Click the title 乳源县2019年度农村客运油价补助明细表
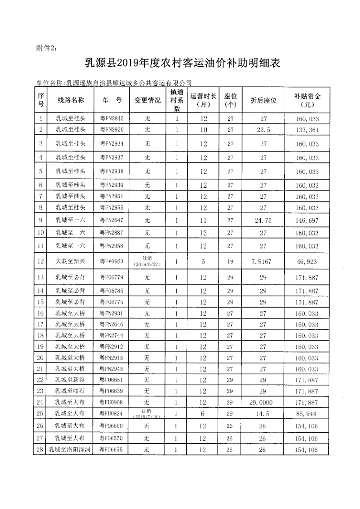point(183,63)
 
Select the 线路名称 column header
point(71,100)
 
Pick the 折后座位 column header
point(263,100)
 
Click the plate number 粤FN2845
point(112,119)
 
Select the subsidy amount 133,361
point(307,130)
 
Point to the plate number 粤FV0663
point(112,262)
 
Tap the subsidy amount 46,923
point(307,262)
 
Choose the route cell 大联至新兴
point(71,262)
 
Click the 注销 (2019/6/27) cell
point(146,262)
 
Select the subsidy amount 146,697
point(307,220)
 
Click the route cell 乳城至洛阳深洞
point(71,450)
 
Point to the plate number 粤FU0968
point(112,401)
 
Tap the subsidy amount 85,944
point(307,414)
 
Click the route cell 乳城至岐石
point(71,391)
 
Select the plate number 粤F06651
point(112,380)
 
